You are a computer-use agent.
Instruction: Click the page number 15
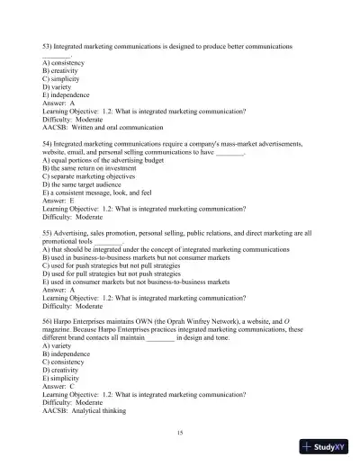point(180,433)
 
